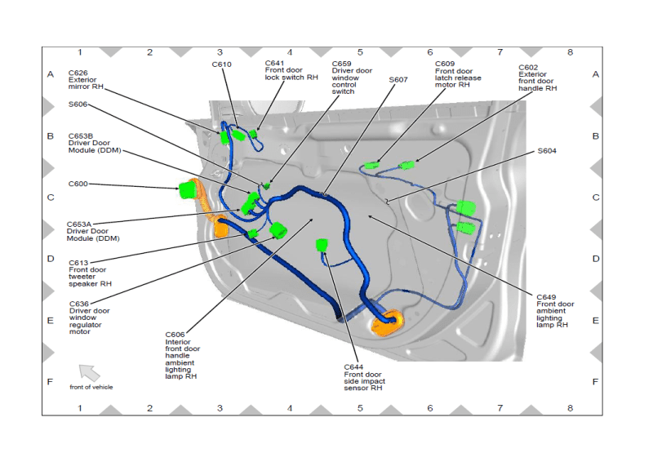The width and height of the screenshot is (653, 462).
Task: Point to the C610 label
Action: [222, 64]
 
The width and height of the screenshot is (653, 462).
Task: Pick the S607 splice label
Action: [398, 79]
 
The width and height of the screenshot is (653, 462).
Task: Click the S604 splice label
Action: [547, 151]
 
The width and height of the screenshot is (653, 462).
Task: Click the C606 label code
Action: [175, 334]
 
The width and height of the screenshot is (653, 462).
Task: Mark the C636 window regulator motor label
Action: [79, 304]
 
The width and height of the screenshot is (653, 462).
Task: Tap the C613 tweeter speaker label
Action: [79, 263]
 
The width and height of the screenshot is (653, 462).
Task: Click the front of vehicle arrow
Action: [89, 373]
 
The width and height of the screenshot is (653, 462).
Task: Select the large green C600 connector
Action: [189, 191]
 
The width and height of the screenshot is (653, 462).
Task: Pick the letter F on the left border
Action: [50, 382]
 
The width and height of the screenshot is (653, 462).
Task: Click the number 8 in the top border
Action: [570, 52]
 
